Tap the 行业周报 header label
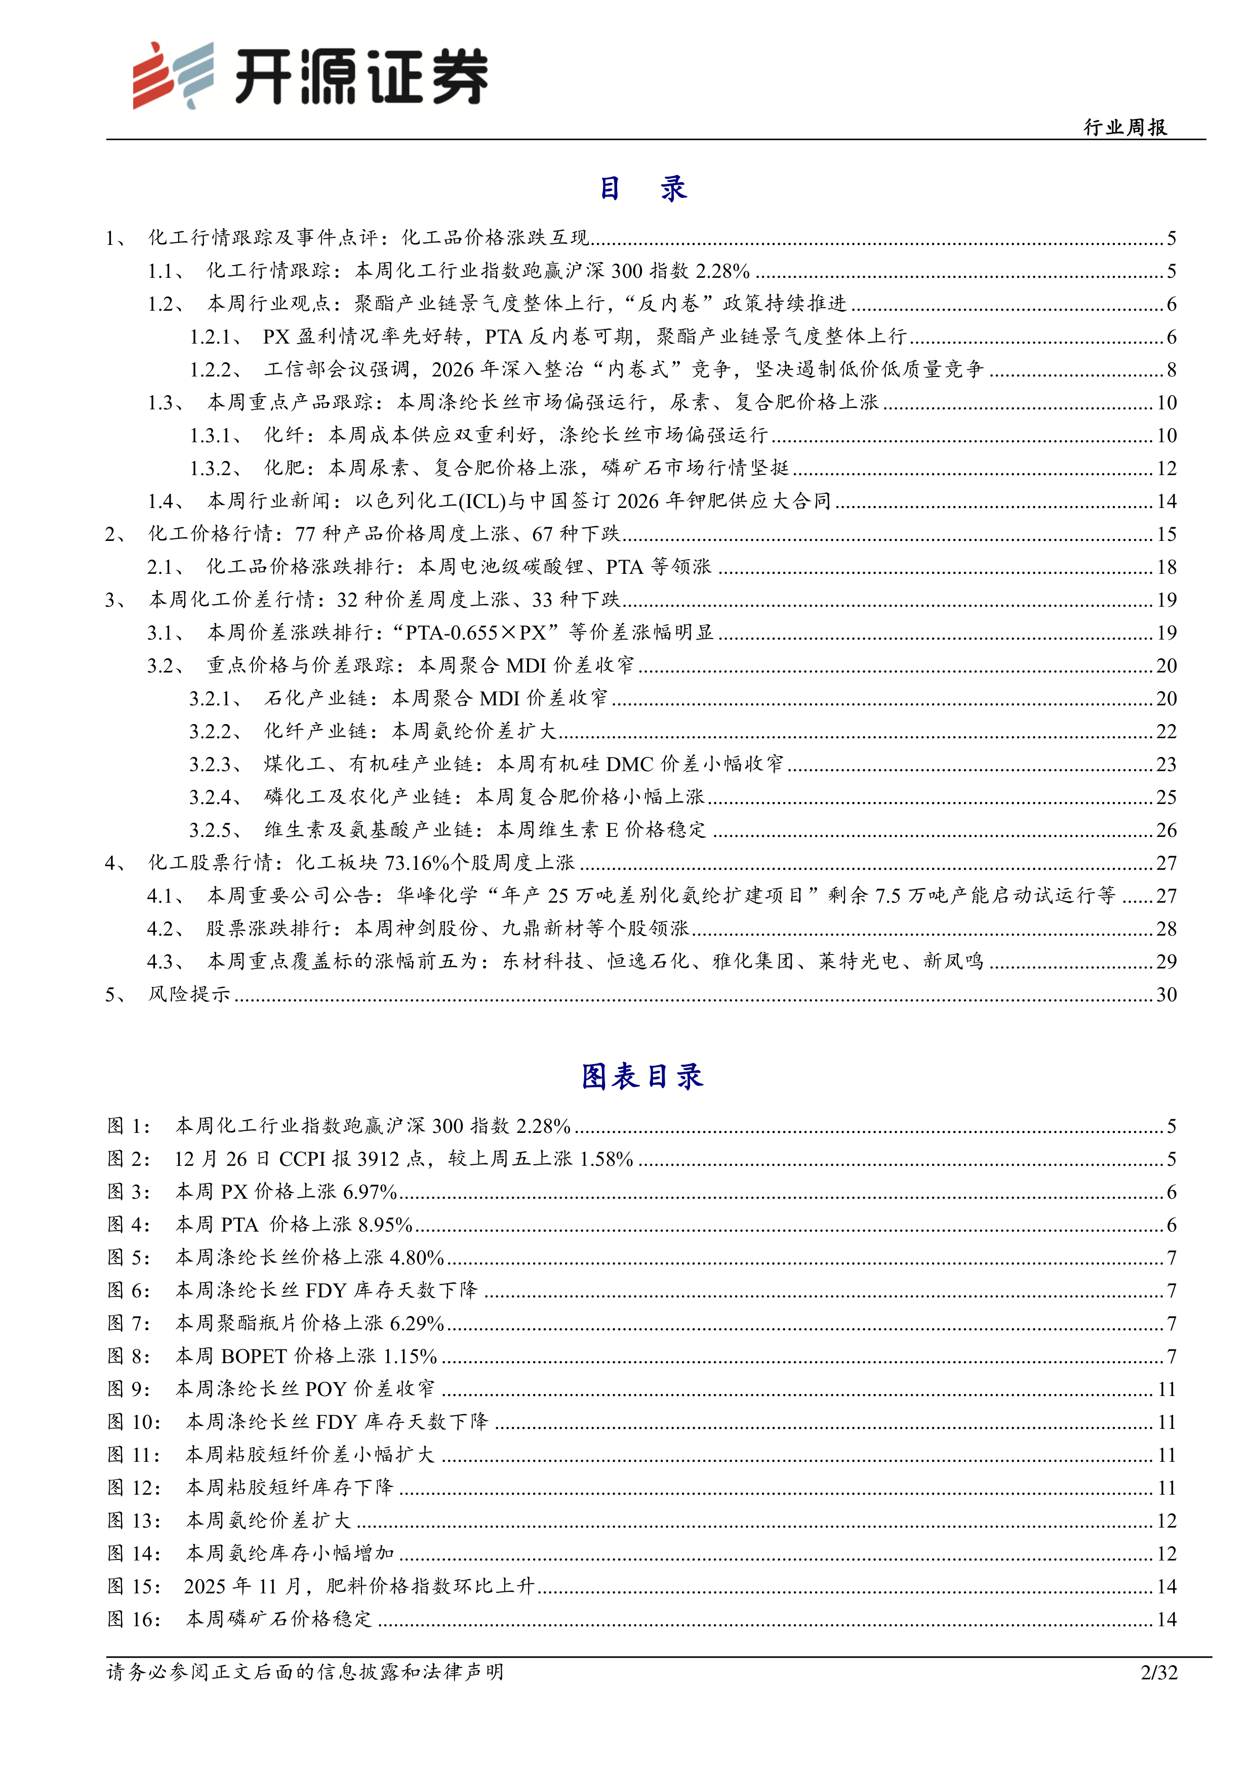tap(1125, 128)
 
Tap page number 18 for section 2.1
tap(1166, 567)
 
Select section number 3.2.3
tap(212, 765)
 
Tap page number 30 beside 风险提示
tap(1166, 994)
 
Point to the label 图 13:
tap(134, 1520)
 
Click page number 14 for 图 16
tap(1166, 1619)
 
